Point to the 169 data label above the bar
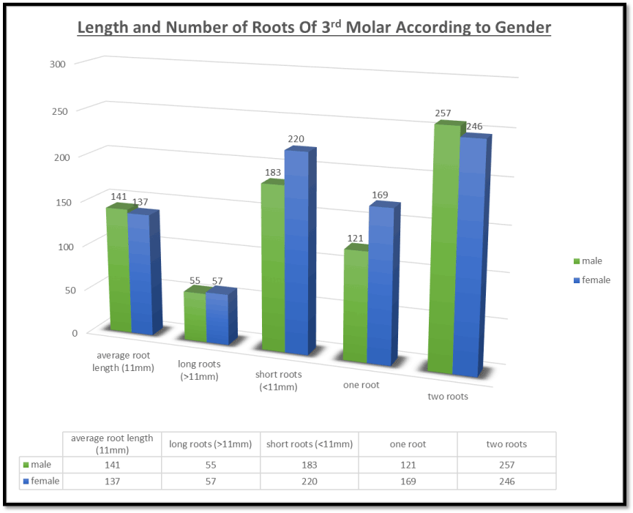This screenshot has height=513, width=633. click(380, 195)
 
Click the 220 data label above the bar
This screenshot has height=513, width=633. click(296, 139)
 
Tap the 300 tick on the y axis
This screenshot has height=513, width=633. click(59, 64)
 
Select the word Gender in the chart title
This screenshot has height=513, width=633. click(520, 29)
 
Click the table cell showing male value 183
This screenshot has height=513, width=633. click(310, 465)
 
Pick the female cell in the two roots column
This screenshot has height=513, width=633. click(506, 482)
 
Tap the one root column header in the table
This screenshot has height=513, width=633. click(408, 444)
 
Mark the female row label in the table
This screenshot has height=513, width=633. click(45, 482)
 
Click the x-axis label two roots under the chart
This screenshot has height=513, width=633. click(447, 397)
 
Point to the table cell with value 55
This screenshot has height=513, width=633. click(211, 465)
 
